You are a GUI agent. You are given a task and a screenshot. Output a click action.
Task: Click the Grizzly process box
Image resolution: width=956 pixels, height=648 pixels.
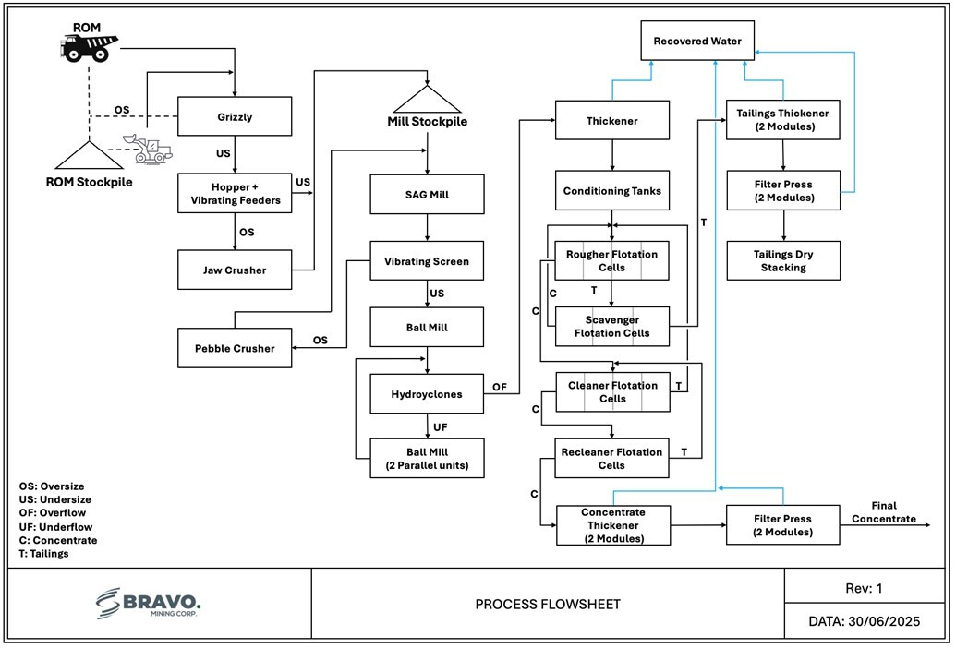(x=235, y=117)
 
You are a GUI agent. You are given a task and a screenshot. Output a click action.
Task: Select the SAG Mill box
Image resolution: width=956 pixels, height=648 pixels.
(x=427, y=195)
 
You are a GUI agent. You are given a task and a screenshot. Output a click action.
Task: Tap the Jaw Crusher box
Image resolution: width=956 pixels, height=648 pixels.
(x=235, y=270)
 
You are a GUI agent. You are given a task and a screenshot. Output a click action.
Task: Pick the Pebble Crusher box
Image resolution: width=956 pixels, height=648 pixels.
(x=235, y=348)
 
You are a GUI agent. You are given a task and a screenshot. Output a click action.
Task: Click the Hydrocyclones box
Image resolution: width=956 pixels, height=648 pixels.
(x=427, y=393)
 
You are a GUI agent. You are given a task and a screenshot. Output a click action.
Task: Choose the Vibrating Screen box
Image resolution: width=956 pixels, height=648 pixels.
(x=427, y=261)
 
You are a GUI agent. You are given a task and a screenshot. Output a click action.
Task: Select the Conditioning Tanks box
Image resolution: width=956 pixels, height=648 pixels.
(x=612, y=191)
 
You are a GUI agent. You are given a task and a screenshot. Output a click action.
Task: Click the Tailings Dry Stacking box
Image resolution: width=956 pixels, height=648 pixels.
(x=783, y=260)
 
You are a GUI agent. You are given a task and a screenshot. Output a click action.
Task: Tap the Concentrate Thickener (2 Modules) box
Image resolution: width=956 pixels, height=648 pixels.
(x=612, y=525)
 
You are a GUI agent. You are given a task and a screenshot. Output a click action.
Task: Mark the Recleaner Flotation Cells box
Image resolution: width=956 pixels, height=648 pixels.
(x=612, y=458)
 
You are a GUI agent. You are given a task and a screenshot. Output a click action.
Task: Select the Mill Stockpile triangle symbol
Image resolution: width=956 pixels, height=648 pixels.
(x=427, y=101)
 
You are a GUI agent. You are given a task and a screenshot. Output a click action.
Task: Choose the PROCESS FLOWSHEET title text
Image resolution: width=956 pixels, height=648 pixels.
(x=548, y=605)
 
